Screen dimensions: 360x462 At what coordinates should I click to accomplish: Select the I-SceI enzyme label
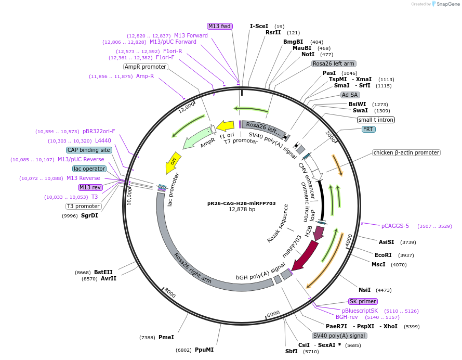[259, 25]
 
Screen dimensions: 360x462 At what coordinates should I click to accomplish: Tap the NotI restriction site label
[308, 54]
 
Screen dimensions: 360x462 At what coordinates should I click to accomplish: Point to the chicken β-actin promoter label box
[406, 152]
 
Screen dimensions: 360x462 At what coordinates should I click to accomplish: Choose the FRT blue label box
[369, 129]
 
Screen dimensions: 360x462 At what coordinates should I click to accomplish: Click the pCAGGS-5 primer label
[395, 226]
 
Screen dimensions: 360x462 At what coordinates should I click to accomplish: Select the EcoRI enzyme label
[385, 255]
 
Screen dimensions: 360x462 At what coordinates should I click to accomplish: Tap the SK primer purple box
[363, 301]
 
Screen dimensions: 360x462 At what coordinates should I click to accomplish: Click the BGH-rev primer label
[347, 317]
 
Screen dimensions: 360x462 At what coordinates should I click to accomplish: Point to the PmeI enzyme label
[166, 337]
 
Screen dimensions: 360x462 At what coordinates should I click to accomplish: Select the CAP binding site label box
[89, 150]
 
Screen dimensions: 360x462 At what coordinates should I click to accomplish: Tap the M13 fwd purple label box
[219, 26]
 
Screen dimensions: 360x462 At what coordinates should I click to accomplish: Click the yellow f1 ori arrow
[225, 126]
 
